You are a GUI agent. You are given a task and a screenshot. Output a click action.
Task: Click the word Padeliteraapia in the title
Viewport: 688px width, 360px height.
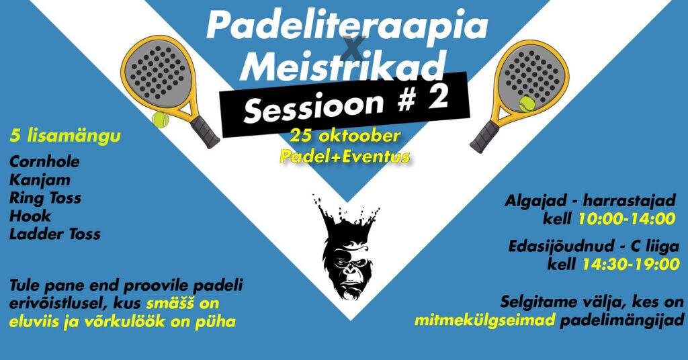click(x=347, y=26)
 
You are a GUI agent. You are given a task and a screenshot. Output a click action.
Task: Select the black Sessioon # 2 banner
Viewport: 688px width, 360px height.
click(x=345, y=104)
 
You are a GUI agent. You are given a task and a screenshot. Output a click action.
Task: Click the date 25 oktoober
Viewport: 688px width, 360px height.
click(x=345, y=136)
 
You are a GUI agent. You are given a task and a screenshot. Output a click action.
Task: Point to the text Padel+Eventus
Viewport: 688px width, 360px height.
click(x=345, y=156)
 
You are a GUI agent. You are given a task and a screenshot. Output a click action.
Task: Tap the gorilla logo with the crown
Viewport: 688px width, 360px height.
click(x=346, y=248)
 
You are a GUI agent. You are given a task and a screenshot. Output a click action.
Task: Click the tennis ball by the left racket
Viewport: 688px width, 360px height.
click(x=160, y=120)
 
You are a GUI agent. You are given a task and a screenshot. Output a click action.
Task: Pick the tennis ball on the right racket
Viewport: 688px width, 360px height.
click(x=527, y=104)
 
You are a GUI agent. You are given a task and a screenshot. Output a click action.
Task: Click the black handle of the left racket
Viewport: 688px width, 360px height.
click(x=204, y=131)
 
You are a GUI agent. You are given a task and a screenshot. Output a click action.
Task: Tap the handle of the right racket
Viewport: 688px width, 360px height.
click(x=485, y=136)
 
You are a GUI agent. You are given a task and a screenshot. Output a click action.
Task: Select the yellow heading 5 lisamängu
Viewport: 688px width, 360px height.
click(x=65, y=136)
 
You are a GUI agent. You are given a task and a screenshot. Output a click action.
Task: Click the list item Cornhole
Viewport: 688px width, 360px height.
click(x=45, y=162)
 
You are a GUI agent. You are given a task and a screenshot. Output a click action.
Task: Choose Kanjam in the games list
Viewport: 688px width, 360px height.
click(x=40, y=180)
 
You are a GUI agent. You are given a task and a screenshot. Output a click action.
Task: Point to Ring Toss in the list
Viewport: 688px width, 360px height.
click(x=46, y=198)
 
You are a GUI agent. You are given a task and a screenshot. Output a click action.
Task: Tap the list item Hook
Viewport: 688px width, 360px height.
click(x=30, y=216)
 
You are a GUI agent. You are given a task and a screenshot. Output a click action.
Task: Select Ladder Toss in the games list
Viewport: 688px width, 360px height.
click(x=55, y=234)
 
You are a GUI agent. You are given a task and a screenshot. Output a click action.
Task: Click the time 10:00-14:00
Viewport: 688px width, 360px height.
click(x=627, y=219)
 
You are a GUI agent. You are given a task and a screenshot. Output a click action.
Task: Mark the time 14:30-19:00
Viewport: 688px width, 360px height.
click(x=631, y=264)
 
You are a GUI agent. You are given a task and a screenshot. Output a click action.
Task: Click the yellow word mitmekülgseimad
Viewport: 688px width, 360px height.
click(x=485, y=320)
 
